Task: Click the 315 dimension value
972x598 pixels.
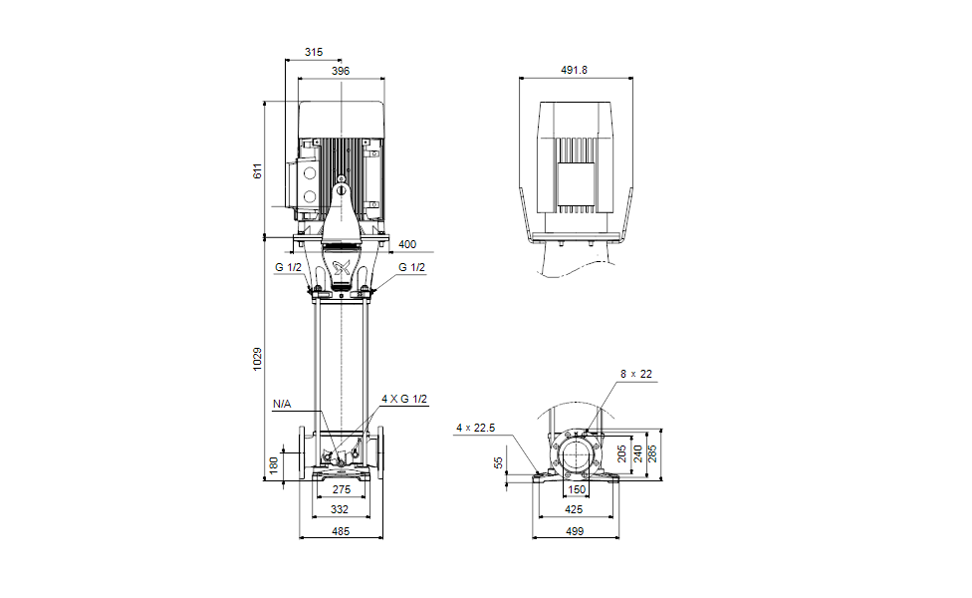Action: click(x=314, y=52)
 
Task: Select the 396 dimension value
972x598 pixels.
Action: click(x=341, y=72)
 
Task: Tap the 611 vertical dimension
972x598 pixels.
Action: click(x=257, y=170)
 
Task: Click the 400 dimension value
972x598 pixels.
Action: click(x=407, y=244)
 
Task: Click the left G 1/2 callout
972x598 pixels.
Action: click(x=288, y=267)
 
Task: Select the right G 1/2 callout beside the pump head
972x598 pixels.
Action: click(x=411, y=267)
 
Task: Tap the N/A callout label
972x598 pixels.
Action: click(x=283, y=405)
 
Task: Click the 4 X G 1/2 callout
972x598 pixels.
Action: click(x=405, y=400)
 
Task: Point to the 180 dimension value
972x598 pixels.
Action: click(x=274, y=465)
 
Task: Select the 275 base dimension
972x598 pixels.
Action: click(x=341, y=490)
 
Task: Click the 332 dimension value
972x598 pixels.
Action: click(x=341, y=509)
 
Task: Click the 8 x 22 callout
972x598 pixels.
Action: click(x=635, y=375)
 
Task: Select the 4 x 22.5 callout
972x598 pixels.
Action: click(x=475, y=428)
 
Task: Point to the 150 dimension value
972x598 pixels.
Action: click(x=577, y=490)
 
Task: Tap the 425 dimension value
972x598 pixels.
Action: click(x=577, y=509)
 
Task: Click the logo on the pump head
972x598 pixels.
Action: click(x=341, y=266)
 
